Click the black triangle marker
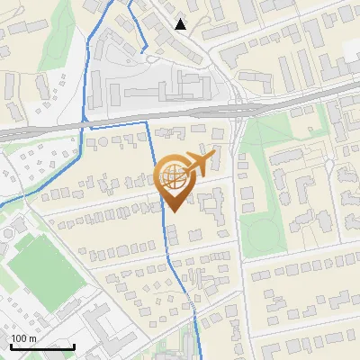tap(181, 24)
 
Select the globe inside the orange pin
tap(173, 179)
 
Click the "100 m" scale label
tap(24, 338)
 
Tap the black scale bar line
tap(42, 346)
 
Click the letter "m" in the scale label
tap(33, 338)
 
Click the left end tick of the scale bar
tap(11, 346)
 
